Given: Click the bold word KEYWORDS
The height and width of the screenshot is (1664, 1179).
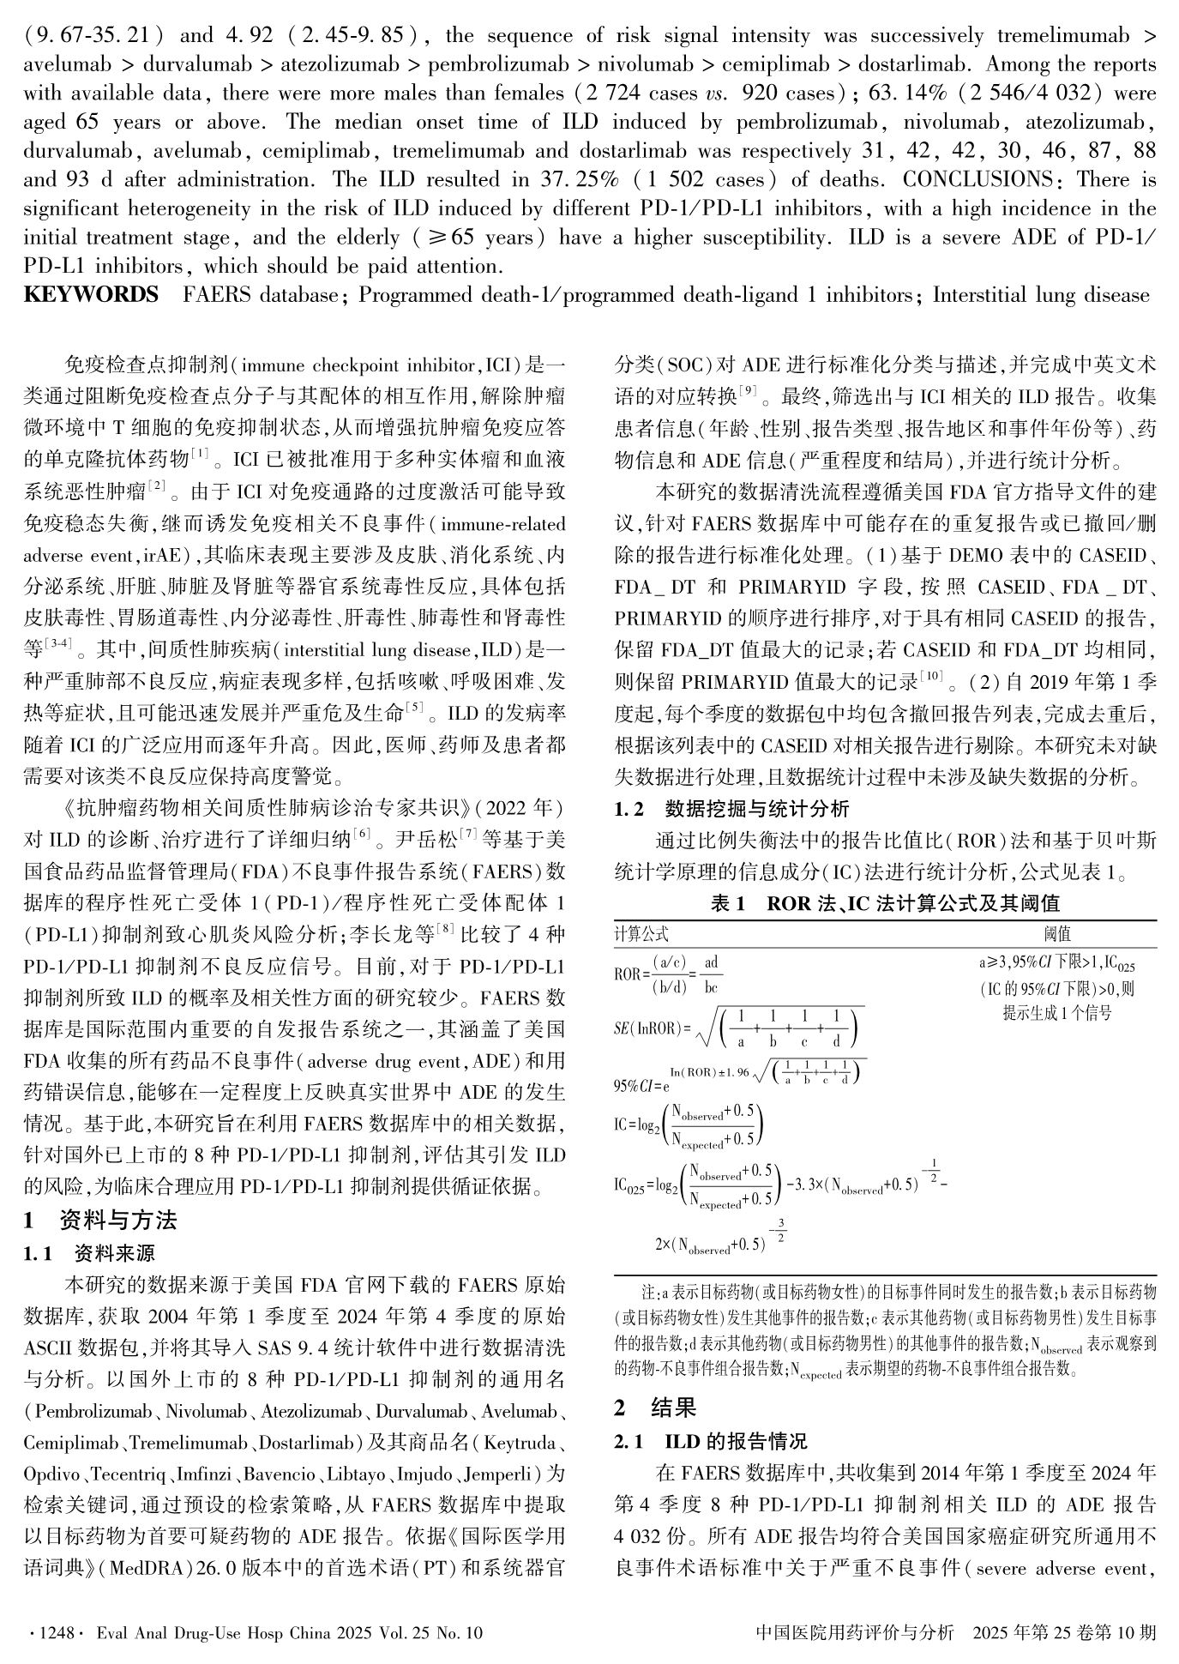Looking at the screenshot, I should coord(90,296).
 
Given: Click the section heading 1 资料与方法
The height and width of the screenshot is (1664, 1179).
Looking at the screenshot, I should coord(100,1221).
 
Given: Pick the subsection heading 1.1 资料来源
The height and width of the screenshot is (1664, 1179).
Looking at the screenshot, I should coord(89,1254).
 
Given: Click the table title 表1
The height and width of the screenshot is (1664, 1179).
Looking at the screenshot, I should coord(727,903).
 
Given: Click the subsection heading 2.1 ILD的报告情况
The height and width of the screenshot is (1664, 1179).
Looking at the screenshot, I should coord(711,1442).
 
